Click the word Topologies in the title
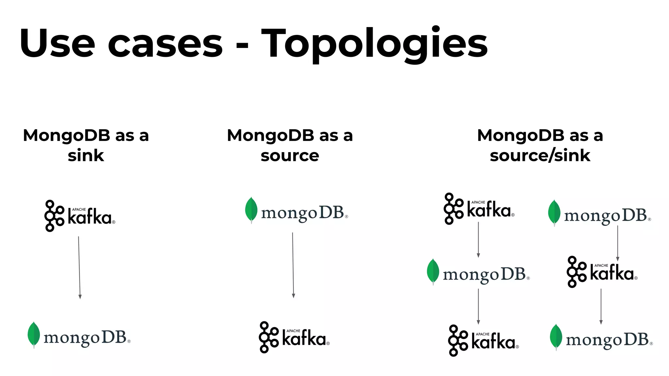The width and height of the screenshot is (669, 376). pos(374,44)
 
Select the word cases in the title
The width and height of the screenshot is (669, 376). pos(165,44)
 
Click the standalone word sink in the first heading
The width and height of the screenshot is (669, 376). pos(86,156)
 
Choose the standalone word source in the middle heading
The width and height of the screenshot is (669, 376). pos(290,156)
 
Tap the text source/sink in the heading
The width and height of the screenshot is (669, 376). pos(540,156)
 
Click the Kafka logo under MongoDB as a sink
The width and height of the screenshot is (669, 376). pos(80,216)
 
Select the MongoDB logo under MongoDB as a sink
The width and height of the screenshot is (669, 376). pos(79,336)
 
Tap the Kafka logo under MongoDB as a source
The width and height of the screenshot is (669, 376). pos(294,337)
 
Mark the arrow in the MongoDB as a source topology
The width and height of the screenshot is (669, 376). pos(293,265)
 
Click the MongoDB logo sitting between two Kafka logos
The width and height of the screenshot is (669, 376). pos(478,273)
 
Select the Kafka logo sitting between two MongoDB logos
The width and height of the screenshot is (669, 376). pos(602,272)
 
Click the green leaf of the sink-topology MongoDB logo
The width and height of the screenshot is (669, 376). pos(34,334)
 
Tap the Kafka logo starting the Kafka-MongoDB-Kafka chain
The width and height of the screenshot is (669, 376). pos(479,209)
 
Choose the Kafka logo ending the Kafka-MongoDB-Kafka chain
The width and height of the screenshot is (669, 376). pos(483,340)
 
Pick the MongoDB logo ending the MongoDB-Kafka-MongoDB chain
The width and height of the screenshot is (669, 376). pos(601,338)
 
